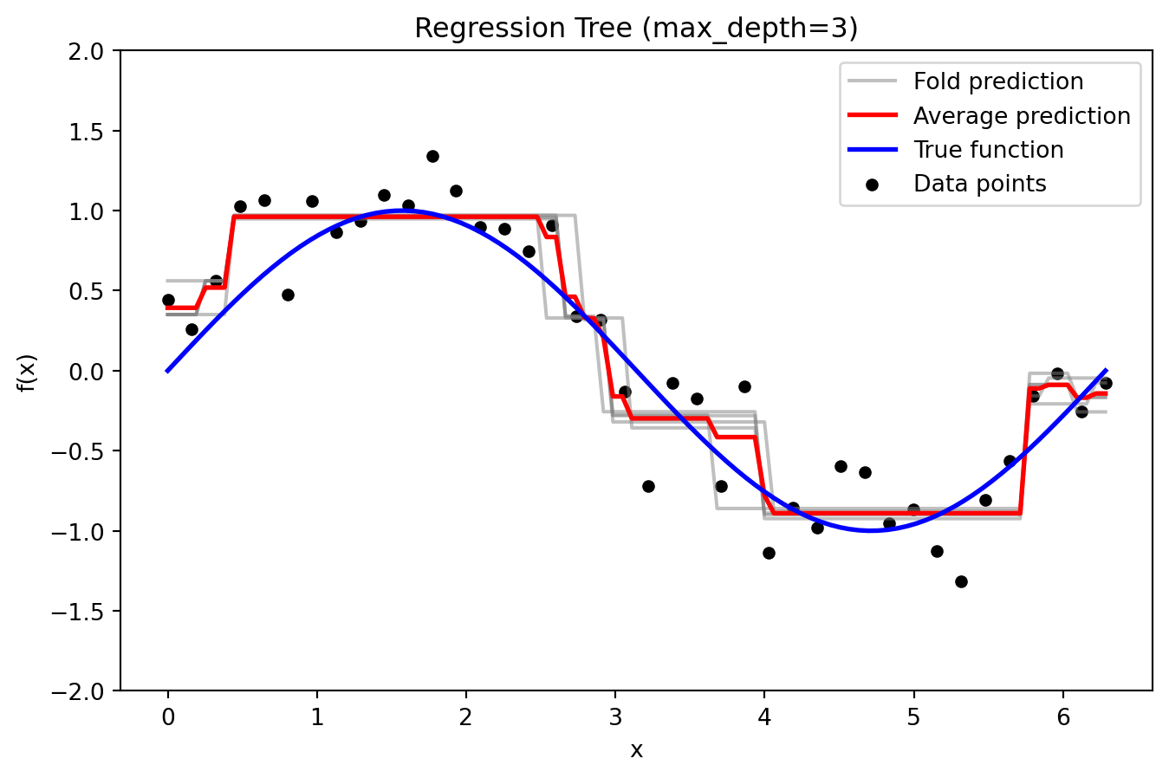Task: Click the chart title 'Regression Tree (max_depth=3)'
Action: (636, 29)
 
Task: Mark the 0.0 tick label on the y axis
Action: (87, 372)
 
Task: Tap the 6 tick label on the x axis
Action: (1063, 716)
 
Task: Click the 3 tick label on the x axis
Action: (615, 716)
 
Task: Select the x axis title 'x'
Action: (636, 750)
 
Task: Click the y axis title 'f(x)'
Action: (27, 372)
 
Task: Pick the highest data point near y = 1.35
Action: (432, 157)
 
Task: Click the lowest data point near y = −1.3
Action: (961, 581)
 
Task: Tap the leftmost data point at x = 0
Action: (168, 300)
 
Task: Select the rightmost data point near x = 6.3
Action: (1106, 383)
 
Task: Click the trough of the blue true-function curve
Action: (872, 530)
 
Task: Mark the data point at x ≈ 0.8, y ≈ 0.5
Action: (288, 295)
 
